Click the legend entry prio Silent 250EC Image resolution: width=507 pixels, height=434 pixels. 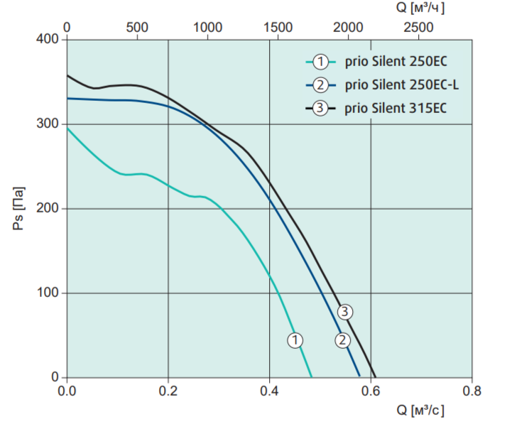[x=396, y=61]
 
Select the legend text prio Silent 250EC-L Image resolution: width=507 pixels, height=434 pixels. [x=402, y=85]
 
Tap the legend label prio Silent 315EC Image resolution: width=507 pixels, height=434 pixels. [x=396, y=108]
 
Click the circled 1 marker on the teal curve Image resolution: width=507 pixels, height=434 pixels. [x=295, y=340]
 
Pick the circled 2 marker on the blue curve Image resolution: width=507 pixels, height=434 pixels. [x=342, y=340]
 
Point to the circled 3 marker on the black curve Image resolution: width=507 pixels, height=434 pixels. [x=345, y=312]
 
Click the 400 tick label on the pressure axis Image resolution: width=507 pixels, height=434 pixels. [x=47, y=39]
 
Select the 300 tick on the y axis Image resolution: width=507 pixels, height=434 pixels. [x=47, y=124]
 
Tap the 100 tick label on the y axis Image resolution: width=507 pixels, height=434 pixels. [x=47, y=293]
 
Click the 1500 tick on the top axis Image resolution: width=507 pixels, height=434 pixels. [x=278, y=28]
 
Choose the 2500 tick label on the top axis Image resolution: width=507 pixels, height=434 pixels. [x=418, y=28]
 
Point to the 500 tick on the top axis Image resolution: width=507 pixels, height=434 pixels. [x=137, y=28]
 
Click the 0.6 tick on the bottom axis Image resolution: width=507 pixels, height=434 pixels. [x=371, y=391]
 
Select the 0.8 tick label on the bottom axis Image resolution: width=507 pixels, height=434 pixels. [x=471, y=391]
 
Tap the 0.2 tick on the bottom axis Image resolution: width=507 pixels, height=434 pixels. [x=168, y=391]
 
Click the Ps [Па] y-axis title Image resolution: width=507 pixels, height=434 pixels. [x=18, y=209]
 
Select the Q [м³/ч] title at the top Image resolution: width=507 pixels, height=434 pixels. [x=420, y=8]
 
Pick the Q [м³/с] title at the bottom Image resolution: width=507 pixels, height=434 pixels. [x=420, y=411]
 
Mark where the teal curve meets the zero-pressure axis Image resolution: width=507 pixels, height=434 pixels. [x=312, y=377]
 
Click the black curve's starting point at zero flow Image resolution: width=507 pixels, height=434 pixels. [x=67, y=75]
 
